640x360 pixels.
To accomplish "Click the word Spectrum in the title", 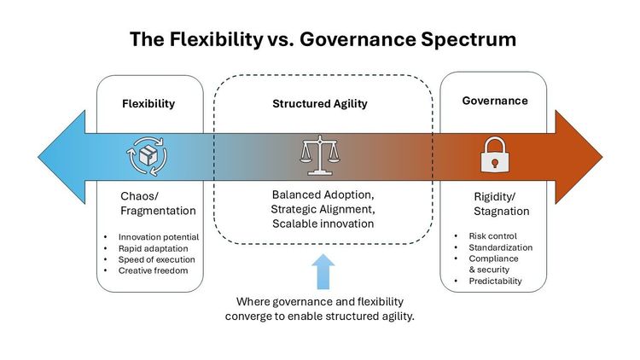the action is [x=468, y=40].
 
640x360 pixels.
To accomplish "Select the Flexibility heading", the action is [x=148, y=104].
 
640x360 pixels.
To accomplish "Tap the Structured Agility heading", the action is [x=320, y=104].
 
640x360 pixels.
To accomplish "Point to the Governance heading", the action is [x=495, y=101].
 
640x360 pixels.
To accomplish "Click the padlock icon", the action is [x=495, y=154].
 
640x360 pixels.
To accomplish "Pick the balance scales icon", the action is [x=320, y=155].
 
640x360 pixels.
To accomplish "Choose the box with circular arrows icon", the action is [x=148, y=156].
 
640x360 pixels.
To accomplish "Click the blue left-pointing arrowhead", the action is [x=61, y=157].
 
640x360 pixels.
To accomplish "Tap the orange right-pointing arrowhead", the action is [x=579, y=157].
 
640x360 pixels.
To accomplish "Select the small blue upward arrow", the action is [x=323, y=271].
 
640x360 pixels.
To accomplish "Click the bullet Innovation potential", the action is [x=159, y=237].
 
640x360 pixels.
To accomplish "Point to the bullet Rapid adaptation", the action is [x=153, y=248].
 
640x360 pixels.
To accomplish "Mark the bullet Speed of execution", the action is [x=157, y=259].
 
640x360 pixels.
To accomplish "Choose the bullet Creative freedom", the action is [x=153, y=270].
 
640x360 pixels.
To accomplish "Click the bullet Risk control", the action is [x=492, y=236].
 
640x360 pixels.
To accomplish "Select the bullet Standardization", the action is [x=500, y=247].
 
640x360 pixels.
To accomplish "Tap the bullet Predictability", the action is [x=495, y=282].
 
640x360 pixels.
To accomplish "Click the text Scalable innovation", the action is [x=323, y=224].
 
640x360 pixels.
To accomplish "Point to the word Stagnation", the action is [x=502, y=212].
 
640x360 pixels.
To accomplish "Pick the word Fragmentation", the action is [x=158, y=211].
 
